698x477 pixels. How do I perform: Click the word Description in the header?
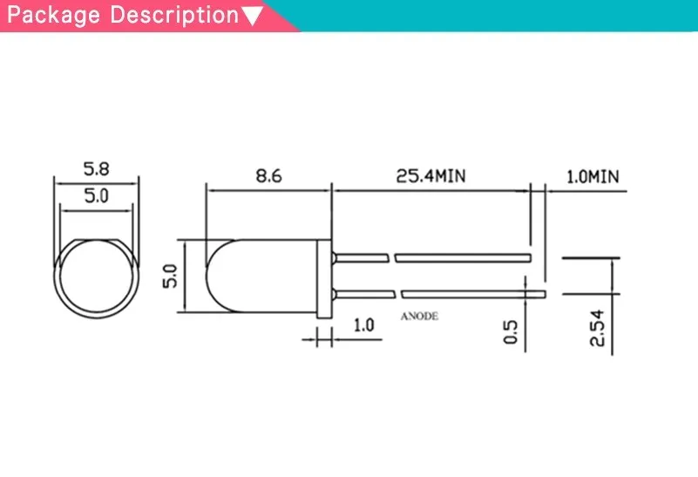tap(173, 16)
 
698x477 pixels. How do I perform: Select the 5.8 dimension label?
tap(96, 168)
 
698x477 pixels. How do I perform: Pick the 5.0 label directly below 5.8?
tap(96, 196)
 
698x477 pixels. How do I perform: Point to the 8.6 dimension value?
tap(268, 176)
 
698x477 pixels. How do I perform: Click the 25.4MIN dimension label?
tap(431, 176)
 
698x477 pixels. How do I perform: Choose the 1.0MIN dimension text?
tap(592, 176)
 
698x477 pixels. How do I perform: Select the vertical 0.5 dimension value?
tap(511, 332)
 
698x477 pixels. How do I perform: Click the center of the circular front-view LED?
tap(96, 276)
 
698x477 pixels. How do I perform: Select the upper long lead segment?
tap(462, 258)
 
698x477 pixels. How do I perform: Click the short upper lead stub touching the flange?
tap(362, 258)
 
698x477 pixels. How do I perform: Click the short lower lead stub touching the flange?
tap(362, 293)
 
